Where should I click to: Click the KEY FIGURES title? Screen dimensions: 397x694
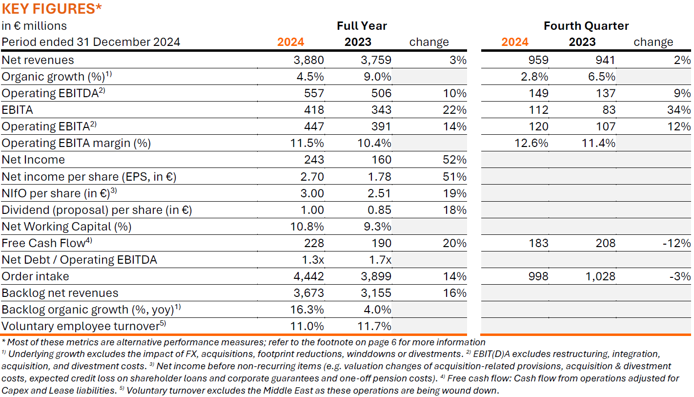52,9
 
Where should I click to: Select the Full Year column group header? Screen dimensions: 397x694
362,26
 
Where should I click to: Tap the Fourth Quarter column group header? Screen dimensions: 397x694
586,26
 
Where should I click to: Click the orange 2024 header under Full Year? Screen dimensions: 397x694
290,42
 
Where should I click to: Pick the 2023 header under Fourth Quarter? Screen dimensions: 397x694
582,42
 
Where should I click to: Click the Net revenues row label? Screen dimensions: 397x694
38,60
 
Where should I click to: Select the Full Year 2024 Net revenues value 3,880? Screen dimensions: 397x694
309,60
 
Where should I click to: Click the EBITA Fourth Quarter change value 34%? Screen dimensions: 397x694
679,110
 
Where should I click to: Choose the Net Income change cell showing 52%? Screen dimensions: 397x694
455,160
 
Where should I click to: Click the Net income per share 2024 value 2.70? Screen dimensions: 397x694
312,176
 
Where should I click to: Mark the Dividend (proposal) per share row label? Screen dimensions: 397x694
97,210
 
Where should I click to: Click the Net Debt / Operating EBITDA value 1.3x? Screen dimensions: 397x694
313,260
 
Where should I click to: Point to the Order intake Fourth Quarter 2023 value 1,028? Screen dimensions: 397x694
600,276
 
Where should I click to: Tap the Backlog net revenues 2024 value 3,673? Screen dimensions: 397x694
309,293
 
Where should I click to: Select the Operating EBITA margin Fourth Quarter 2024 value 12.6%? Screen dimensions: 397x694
531,143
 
